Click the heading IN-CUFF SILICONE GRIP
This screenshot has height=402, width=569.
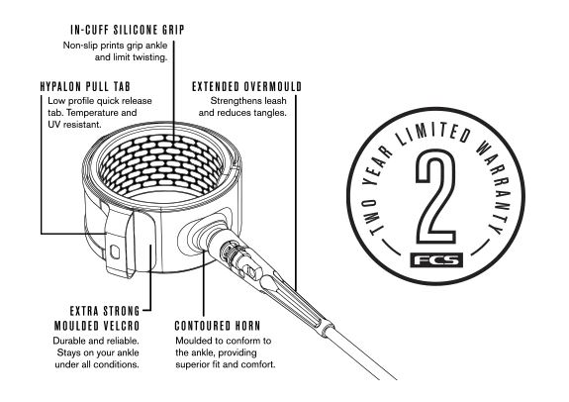point(128,30)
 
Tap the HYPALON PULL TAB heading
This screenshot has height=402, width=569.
point(85,86)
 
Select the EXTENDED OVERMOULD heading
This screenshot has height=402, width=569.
point(246,86)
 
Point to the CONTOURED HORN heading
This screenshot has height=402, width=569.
point(218,326)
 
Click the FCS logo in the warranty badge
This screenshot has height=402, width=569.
point(436,260)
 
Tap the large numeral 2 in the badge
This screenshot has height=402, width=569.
point(435,196)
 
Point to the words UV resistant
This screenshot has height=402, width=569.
point(74,125)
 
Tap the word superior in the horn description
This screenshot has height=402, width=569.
point(191,364)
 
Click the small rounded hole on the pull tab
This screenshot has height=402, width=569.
point(115,251)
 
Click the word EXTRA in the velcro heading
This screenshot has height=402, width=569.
point(84,311)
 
